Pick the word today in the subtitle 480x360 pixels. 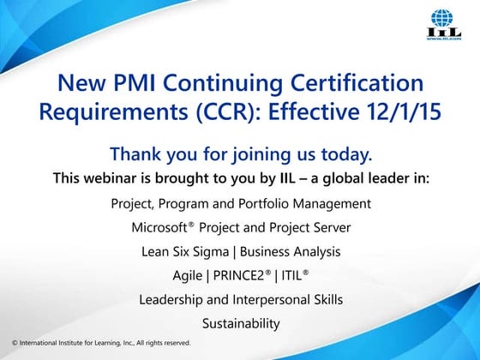pyautogui.click(x=345, y=155)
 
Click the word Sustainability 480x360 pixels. pyautogui.click(x=241, y=324)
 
